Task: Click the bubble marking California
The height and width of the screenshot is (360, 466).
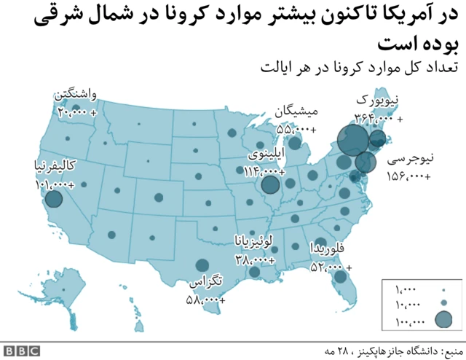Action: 53,198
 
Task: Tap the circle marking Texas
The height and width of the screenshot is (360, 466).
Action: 201,267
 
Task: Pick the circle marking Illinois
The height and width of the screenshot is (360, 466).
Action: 270,186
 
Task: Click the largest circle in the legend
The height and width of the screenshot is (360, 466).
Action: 443,319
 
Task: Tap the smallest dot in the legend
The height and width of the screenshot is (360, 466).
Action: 443,289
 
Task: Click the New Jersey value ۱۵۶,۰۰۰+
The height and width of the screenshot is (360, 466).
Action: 408,176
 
